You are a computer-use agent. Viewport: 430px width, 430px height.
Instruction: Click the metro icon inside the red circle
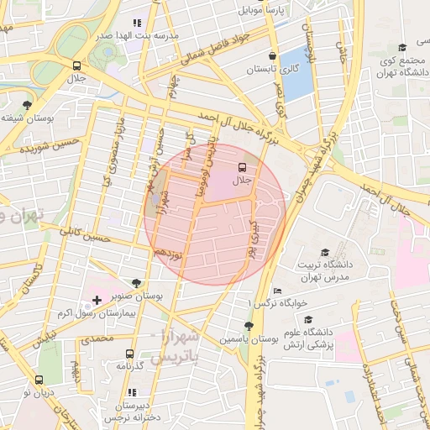(x=243, y=166)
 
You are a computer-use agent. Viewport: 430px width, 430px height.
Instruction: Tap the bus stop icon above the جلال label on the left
(x=77, y=66)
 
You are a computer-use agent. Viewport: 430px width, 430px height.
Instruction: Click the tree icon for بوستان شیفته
(x=29, y=105)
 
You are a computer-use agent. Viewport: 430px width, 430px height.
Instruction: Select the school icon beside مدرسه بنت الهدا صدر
(x=135, y=24)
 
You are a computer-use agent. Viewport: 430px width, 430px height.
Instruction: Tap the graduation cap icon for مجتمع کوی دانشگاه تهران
(x=401, y=48)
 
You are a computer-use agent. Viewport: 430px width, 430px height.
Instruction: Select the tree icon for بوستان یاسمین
(x=249, y=325)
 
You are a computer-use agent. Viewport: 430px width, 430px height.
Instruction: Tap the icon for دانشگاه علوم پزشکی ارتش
(x=309, y=320)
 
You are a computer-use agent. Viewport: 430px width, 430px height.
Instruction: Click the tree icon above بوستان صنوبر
(x=137, y=283)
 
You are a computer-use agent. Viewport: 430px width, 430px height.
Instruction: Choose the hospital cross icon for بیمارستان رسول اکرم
(x=97, y=299)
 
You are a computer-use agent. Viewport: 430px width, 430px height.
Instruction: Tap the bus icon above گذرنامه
(x=129, y=354)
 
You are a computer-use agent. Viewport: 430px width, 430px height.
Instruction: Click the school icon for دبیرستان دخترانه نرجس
(x=131, y=392)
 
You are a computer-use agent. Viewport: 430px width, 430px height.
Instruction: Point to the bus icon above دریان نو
(x=39, y=380)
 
